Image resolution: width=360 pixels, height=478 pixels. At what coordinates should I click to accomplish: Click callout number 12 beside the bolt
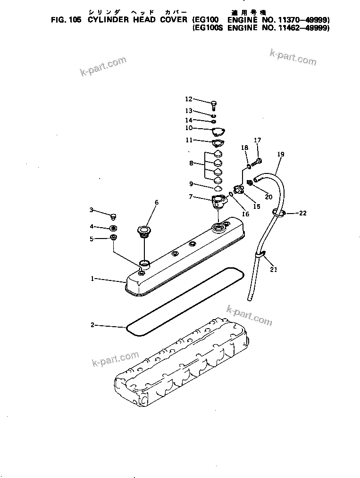point(189,99)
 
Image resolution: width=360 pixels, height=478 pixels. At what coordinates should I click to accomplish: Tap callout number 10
point(189,128)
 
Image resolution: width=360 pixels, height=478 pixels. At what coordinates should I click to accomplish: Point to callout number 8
point(191,163)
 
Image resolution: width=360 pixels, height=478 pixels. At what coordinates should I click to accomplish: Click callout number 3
point(92,210)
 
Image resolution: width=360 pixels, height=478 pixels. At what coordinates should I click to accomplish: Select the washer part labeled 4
point(113,228)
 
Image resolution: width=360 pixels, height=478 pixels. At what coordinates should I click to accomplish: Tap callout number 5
point(92,239)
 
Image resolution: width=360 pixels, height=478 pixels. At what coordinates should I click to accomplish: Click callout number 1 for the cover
point(93,279)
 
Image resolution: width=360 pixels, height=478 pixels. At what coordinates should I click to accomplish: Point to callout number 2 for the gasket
point(93,325)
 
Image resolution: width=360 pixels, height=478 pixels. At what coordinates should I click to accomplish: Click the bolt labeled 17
point(257,162)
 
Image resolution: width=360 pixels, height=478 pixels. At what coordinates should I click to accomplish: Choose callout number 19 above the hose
point(281,154)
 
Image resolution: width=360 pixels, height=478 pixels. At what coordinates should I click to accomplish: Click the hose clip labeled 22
point(278,214)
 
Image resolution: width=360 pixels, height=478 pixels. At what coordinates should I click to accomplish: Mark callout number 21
point(274,270)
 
